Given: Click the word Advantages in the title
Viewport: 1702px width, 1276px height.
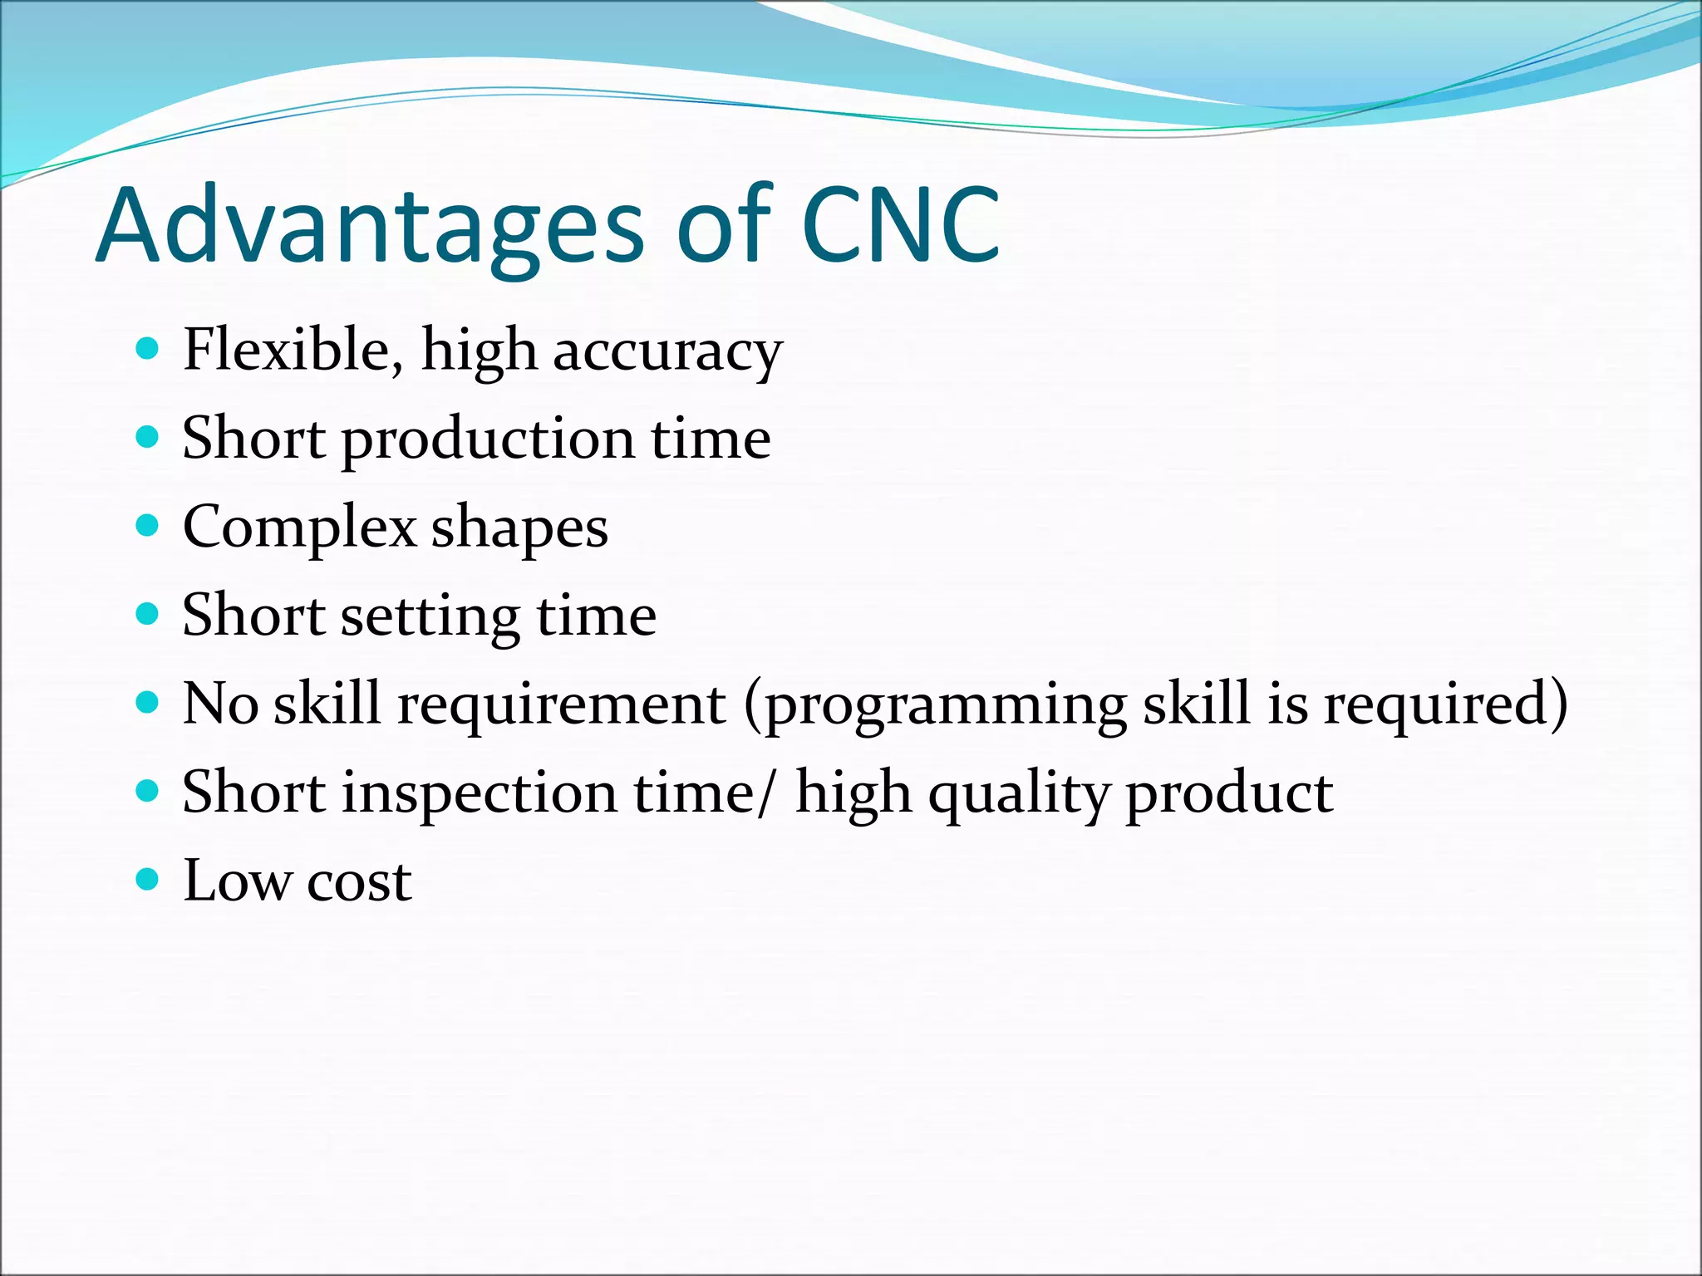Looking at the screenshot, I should pyautogui.click(x=370, y=226).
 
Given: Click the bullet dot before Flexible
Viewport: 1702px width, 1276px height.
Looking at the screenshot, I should pyautogui.click(x=147, y=348).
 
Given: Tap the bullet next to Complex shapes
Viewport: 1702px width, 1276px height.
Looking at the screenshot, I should pyautogui.click(x=147, y=526).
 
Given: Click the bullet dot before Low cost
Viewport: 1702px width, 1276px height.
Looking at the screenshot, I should pyautogui.click(x=147, y=879).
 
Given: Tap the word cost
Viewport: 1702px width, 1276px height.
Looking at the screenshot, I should pyautogui.click(x=359, y=882).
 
